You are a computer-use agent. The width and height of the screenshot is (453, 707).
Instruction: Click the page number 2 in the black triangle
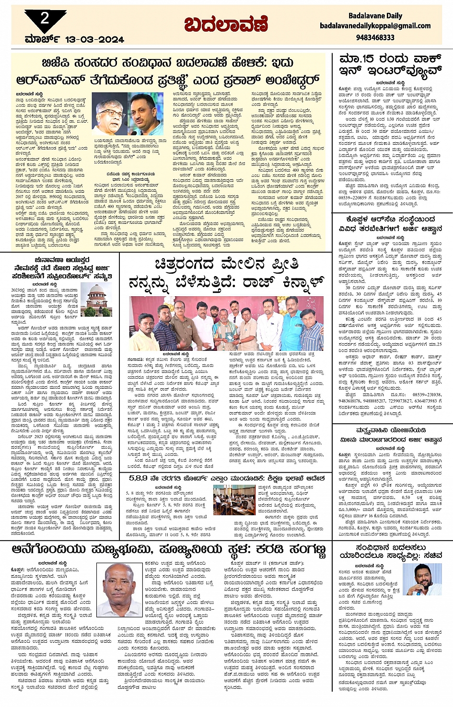45,18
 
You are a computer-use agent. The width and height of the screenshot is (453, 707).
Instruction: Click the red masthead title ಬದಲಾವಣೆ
226,24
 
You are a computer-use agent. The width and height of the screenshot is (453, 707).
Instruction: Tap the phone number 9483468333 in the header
375,37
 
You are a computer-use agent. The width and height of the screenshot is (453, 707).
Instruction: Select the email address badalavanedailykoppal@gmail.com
375,26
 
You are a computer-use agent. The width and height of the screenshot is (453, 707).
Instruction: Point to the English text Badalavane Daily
375,16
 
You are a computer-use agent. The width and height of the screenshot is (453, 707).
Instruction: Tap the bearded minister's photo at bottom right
415,579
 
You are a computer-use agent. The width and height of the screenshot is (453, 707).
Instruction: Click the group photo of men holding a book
226,323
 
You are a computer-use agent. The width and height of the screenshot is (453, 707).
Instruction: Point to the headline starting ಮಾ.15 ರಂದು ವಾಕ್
389,65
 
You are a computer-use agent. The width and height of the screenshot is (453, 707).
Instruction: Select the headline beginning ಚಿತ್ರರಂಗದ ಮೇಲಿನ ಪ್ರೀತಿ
226,273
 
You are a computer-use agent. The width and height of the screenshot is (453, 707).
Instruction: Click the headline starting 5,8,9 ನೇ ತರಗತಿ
226,478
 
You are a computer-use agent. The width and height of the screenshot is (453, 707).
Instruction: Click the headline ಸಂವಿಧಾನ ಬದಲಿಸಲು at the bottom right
389,551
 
